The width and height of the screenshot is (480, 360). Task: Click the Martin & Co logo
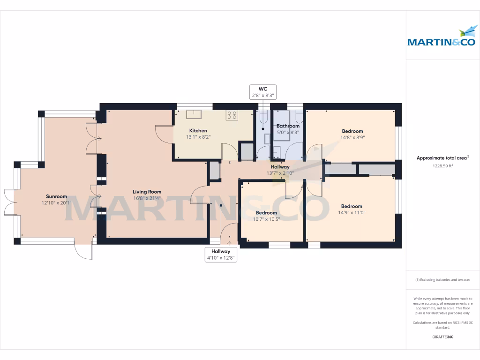tap(442, 37)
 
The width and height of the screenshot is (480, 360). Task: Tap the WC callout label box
tap(262, 92)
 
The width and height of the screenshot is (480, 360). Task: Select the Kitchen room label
tap(198, 131)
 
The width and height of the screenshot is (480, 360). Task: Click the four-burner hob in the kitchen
tap(232, 115)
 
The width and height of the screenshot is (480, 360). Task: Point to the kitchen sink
tap(194, 114)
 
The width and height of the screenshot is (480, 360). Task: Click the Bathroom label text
tap(288, 126)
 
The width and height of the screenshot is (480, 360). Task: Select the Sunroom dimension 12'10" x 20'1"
tap(56, 203)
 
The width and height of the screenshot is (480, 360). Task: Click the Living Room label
tap(147, 192)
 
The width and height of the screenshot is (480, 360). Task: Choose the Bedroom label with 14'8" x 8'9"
tap(352, 131)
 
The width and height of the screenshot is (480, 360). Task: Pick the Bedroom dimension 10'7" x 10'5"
tap(266, 219)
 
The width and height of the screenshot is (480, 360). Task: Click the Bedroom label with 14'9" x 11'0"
tap(352, 206)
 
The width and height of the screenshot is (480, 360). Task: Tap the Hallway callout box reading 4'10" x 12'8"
tap(220, 255)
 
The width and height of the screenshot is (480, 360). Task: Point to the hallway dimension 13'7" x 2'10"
tap(280, 172)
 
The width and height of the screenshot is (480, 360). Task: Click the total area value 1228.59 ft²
tap(442, 166)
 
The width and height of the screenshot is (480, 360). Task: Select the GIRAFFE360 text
tap(442, 337)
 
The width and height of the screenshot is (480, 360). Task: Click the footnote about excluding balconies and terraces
tap(442, 280)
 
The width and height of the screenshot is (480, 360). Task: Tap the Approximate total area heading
tap(442, 158)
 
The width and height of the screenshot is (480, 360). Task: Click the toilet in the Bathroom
tap(298, 116)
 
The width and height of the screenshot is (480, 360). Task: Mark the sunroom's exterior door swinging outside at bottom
tap(84, 252)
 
